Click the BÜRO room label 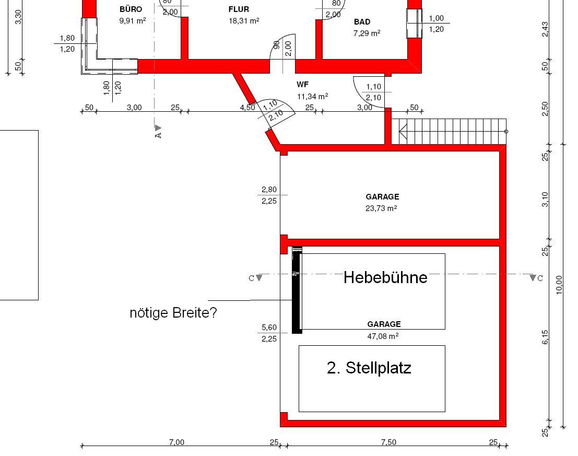(131, 9)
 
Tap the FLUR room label (239, 9)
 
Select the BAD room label (362, 22)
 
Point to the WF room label (303, 85)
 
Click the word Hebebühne (385, 277)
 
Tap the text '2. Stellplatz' (369, 368)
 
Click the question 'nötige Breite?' (173, 312)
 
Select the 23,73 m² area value (381, 208)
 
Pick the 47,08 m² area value (383, 336)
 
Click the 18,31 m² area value (244, 21)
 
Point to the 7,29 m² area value (367, 33)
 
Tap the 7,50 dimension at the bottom (389, 442)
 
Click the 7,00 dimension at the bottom (176, 442)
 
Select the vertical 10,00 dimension (559, 285)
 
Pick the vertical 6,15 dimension (545, 337)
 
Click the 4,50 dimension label (247, 107)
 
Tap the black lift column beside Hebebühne (297, 290)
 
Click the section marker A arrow (158, 128)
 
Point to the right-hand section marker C (533, 277)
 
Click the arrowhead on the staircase (403, 132)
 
